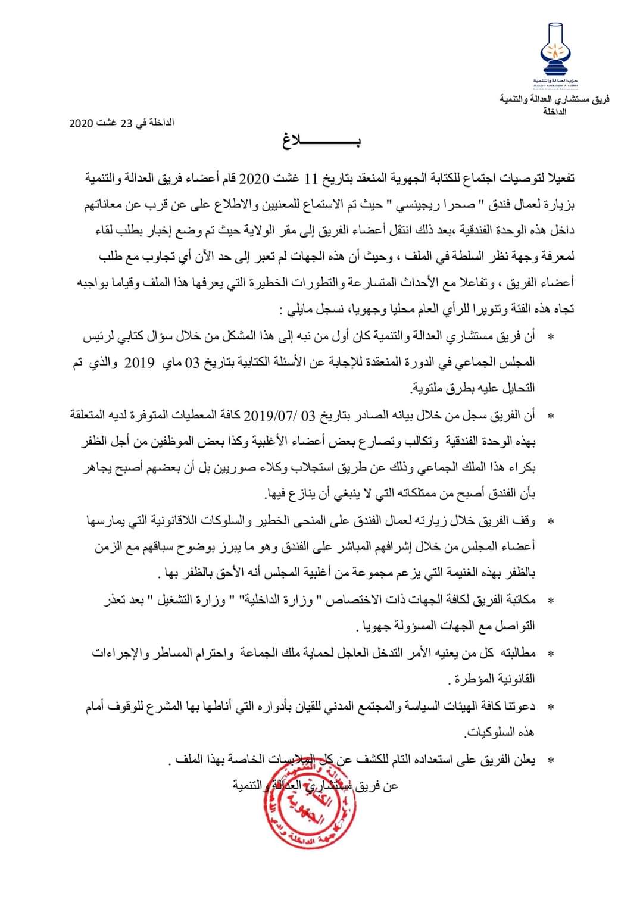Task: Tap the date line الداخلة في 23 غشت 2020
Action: pos(121,123)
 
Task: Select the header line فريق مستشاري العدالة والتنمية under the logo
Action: pos(554,99)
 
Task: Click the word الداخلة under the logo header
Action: pos(554,111)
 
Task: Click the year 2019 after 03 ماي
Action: pos(139,363)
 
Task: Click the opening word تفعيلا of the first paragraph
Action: pos(556,179)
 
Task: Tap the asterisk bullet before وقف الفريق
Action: pos(550,522)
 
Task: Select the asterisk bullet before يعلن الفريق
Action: pos(550,760)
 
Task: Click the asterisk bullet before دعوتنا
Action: pos(550,707)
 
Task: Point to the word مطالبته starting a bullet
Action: pos(518,653)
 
